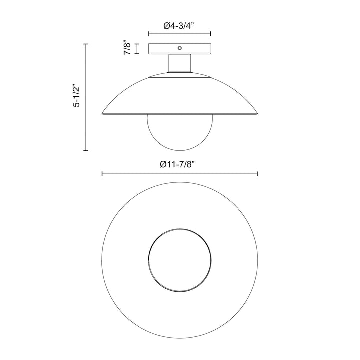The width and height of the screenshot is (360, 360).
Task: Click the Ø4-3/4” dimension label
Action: (180, 23)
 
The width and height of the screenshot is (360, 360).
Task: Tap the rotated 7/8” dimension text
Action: (128, 49)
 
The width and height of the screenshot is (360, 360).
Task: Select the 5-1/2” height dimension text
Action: (76, 97)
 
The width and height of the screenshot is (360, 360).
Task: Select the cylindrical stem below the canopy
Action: (180, 63)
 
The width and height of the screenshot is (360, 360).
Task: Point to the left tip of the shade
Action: (103, 113)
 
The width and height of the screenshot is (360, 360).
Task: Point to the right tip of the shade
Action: (257, 113)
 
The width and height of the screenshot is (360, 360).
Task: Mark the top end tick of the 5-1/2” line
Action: (86, 44)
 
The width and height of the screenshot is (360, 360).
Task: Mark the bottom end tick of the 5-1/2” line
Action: (86, 150)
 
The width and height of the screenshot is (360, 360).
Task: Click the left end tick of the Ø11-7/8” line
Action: (102, 174)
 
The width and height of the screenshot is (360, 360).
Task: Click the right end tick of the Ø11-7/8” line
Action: (257, 174)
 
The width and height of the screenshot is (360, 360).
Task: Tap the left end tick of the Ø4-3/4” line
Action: (149, 34)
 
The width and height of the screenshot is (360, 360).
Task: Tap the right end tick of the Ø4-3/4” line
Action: (211, 34)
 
